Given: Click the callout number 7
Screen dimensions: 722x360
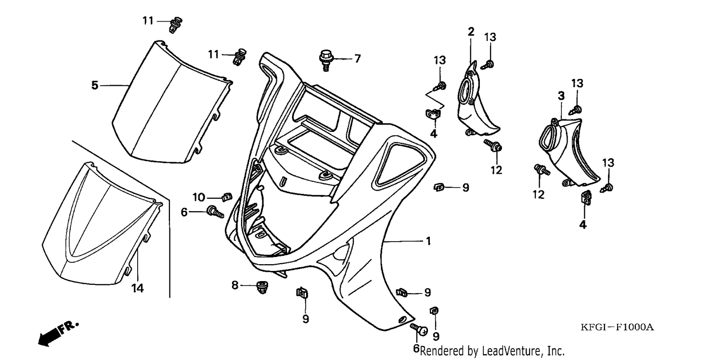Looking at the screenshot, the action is pos(358,59).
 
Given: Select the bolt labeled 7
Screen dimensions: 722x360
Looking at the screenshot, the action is pos(326,60).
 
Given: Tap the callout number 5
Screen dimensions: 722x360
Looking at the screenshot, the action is pos(94,85).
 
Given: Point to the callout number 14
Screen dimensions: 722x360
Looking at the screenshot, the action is pos(138,288).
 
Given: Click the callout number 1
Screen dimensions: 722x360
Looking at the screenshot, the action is pos(428,241).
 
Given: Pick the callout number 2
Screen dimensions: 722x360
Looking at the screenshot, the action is pos(471,32).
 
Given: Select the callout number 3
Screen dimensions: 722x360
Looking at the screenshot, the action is pos(561,96).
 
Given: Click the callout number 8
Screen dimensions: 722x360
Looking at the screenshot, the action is pos(235,285).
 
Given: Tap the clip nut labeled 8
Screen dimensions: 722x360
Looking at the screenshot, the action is pos(262,287).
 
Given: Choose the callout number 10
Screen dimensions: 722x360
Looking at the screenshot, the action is pos(199,197).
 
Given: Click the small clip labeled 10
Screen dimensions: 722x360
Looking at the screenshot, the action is pos(227,196).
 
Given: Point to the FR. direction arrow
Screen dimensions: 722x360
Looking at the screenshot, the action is pos(57,334).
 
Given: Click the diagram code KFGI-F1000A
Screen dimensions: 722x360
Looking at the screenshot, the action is pos(617,327).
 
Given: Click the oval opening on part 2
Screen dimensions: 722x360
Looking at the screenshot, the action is pos(467,92).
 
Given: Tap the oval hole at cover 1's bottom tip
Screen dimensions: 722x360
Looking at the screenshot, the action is pos(403,319).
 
